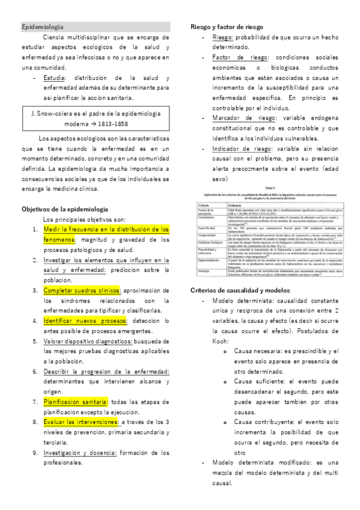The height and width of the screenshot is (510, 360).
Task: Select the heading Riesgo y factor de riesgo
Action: tap(227, 27)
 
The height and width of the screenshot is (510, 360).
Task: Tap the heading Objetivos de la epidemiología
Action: tap(65, 209)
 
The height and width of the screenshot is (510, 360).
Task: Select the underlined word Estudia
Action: tap(54, 78)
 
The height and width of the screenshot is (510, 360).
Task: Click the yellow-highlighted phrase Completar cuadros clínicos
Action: tap(82, 290)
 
